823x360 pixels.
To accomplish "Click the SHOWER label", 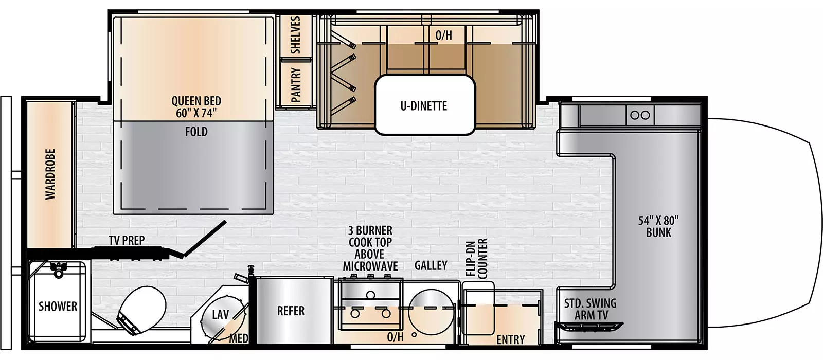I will [x=58, y=307].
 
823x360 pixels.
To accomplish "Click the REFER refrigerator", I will [x=291, y=311].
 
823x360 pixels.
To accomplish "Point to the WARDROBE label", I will [x=50, y=174].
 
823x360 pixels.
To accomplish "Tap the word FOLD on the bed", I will [x=196, y=132].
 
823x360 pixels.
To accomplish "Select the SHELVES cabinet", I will [x=295, y=35].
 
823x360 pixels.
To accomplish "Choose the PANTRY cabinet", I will [x=295, y=84].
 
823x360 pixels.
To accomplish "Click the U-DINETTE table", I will [x=424, y=105].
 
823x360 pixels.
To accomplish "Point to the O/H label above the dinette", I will [x=443, y=35].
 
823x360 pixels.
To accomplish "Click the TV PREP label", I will [x=127, y=240].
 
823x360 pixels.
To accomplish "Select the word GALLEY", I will [x=431, y=265].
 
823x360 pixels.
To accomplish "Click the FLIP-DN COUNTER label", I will [x=476, y=258].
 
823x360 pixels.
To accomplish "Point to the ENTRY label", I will [x=510, y=339].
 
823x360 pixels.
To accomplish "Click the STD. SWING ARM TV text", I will [x=590, y=309].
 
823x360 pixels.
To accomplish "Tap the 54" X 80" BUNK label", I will [x=658, y=226].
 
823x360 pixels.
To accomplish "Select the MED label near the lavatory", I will [x=238, y=338].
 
